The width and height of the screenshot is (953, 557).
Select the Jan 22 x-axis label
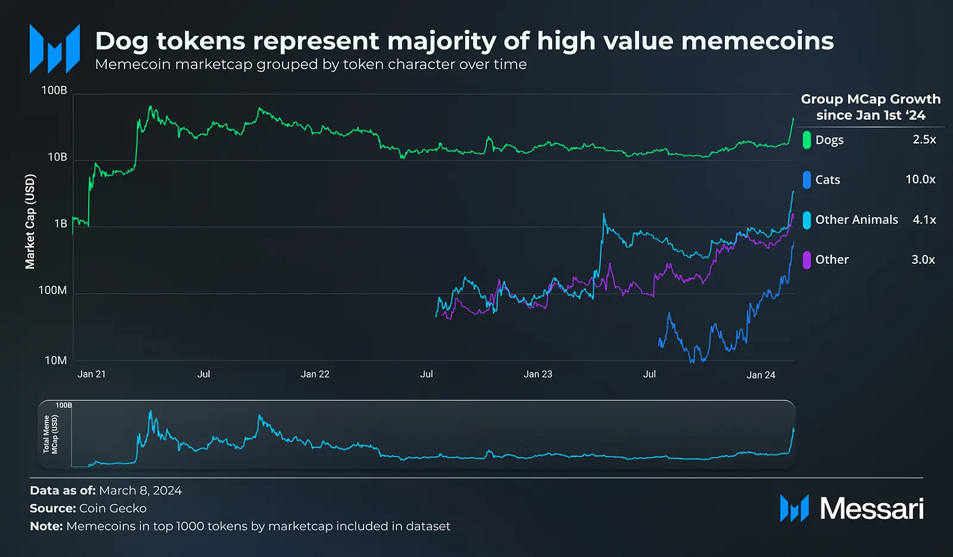click(x=314, y=375)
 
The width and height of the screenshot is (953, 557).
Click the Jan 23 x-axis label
click(x=538, y=375)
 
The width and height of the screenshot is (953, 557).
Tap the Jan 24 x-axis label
click(x=761, y=375)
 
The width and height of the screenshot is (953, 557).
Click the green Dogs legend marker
click(x=807, y=140)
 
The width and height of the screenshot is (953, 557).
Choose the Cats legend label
click(x=828, y=180)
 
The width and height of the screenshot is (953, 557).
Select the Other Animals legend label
click(x=856, y=220)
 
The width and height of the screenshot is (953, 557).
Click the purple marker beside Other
click(x=807, y=260)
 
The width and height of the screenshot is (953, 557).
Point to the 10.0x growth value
click(x=920, y=180)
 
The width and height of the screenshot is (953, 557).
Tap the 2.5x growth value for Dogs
click(x=924, y=140)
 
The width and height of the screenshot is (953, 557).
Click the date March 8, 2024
click(x=140, y=490)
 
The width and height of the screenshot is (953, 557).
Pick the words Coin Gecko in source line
click(x=116, y=508)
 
